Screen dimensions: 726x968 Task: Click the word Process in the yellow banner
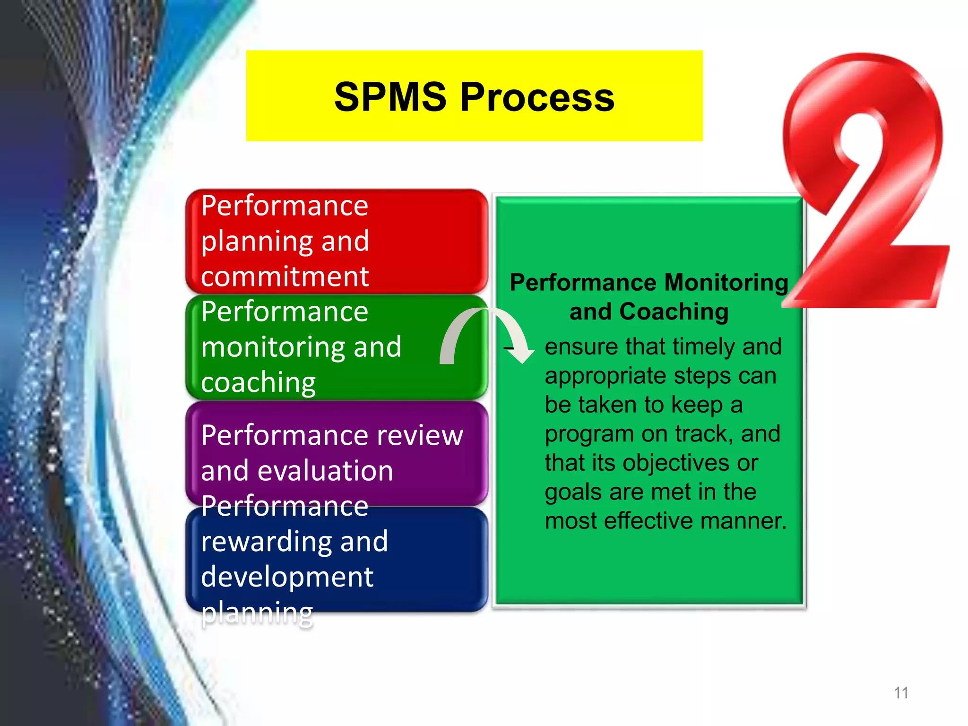(x=537, y=97)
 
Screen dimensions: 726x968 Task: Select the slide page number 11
(x=901, y=693)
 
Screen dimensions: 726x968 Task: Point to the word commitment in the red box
(x=285, y=277)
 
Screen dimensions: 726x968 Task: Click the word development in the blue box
(x=287, y=577)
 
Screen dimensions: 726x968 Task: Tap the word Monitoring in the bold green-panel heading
(x=726, y=283)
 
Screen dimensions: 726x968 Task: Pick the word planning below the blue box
(x=257, y=613)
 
